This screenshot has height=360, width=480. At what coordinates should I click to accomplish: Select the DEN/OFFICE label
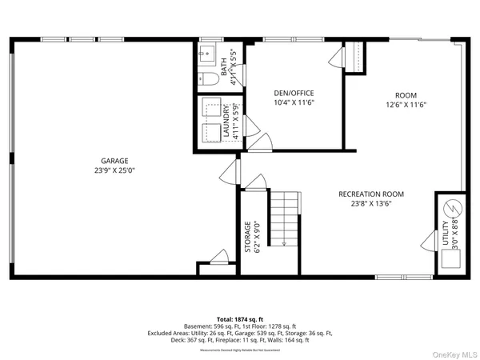click(x=294, y=93)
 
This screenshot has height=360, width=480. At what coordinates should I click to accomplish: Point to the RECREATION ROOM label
click(x=370, y=194)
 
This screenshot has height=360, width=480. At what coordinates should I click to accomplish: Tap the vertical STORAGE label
click(x=248, y=238)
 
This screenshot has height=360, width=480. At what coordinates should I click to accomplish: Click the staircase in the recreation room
click(x=284, y=218)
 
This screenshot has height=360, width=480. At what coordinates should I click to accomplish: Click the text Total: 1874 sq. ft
click(x=240, y=318)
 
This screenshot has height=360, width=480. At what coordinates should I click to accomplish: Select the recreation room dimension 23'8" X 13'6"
click(x=370, y=204)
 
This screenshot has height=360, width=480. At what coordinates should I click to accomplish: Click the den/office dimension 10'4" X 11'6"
click(x=294, y=102)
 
